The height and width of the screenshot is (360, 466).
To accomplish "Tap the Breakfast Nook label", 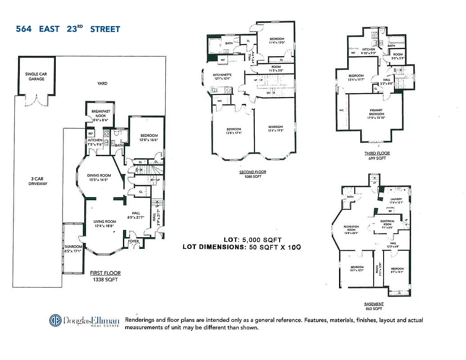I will [101, 113].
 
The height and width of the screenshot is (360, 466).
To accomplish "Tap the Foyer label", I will [134, 241].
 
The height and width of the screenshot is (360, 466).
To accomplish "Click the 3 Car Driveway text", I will [38, 181].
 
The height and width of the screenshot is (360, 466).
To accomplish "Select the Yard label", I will [103, 83].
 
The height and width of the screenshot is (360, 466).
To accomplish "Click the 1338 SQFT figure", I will [104, 279].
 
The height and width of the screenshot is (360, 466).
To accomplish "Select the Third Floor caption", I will [377, 153].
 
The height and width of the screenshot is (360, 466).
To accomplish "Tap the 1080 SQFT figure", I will [253, 176].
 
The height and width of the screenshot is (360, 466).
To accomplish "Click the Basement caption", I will [374, 304].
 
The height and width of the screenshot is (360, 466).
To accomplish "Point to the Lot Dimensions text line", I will [241, 247].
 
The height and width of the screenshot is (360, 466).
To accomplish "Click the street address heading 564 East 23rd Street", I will [68, 29].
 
